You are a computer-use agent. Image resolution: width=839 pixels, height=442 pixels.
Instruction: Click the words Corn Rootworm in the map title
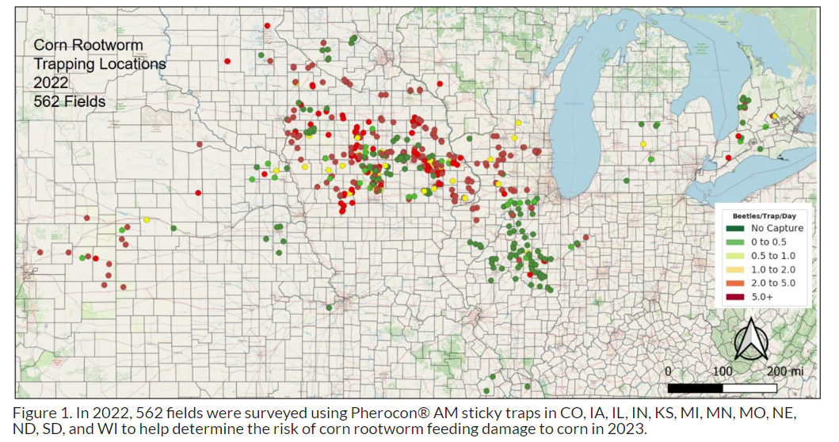[x=88, y=45]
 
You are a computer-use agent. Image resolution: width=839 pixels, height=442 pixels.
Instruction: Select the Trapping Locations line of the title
[x=100, y=64]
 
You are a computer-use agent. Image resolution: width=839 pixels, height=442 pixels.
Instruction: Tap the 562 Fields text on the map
[x=70, y=101]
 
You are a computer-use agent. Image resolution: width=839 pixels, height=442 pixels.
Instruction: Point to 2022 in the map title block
[x=51, y=82]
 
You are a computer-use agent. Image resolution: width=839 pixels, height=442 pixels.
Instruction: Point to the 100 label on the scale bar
[x=723, y=371]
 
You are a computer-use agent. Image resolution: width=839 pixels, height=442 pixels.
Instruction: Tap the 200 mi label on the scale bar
[x=784, y=371]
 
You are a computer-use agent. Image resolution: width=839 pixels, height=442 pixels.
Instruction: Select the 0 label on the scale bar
[x=668, y=371]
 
